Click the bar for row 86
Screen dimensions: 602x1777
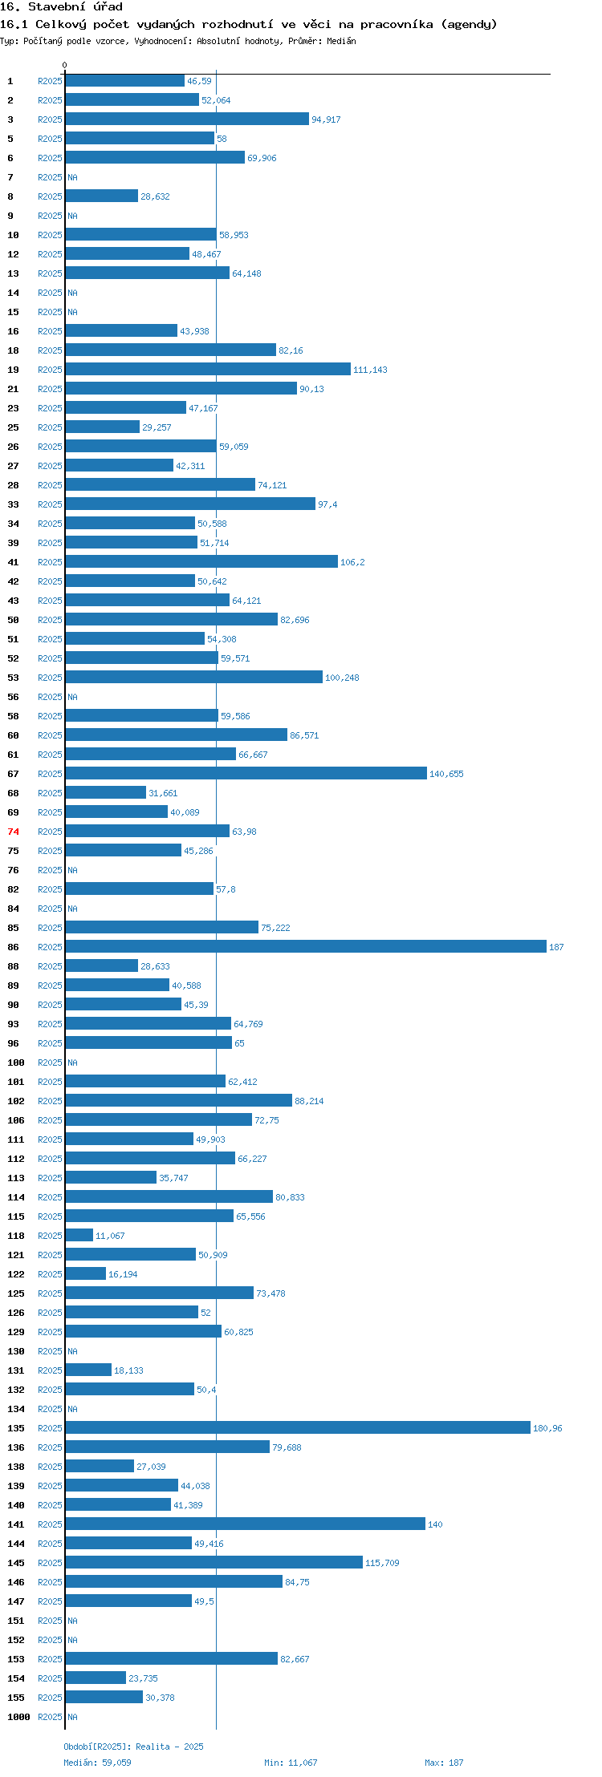306,946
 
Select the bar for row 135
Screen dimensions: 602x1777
298,1427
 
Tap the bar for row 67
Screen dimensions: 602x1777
246,773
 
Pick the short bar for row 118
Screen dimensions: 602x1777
79,1235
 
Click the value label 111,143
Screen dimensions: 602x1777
370,370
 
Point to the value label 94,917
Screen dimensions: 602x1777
326,119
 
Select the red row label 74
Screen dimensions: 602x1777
14,832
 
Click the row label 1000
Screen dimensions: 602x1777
18,1717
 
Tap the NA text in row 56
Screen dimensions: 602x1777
72,697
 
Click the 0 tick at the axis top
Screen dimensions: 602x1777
65,65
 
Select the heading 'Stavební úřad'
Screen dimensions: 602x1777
75,7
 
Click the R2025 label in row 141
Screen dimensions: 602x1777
50,1524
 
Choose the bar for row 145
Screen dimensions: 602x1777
214,1562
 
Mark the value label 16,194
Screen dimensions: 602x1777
123,1274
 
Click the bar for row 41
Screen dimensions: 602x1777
201,561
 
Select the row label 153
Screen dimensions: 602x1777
16,1659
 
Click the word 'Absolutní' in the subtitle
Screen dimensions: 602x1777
218,41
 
